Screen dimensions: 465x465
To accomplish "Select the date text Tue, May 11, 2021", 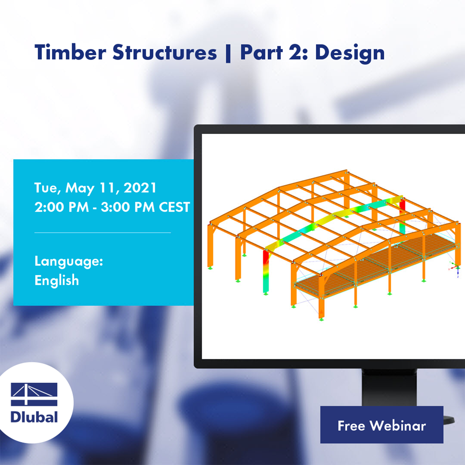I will point(95,188).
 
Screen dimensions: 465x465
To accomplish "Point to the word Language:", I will point(69,261).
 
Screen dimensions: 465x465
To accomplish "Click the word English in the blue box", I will point(57,280).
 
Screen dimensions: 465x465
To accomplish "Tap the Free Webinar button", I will point(381,425).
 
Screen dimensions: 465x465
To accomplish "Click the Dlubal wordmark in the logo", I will point(35,416).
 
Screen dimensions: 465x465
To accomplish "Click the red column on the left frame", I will point(266,263).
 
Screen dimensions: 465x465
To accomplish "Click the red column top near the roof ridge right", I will point(402,207).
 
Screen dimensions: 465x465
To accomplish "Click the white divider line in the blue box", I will point(103,232).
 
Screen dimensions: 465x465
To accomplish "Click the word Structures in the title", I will point(164,53).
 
